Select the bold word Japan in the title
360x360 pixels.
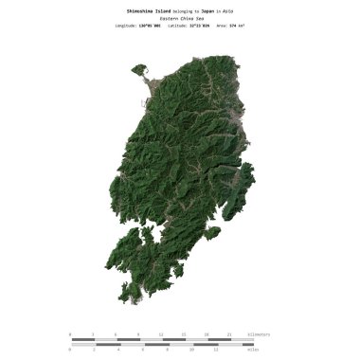click(208, 9)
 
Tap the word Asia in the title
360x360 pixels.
click(228, 9)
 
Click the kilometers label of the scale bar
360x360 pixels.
click(259, 334)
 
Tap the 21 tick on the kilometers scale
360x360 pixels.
click(230, 334)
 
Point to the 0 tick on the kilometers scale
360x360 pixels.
click(70, 334)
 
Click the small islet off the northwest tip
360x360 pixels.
click(140, 69)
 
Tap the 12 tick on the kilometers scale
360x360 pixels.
click(161, 334)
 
